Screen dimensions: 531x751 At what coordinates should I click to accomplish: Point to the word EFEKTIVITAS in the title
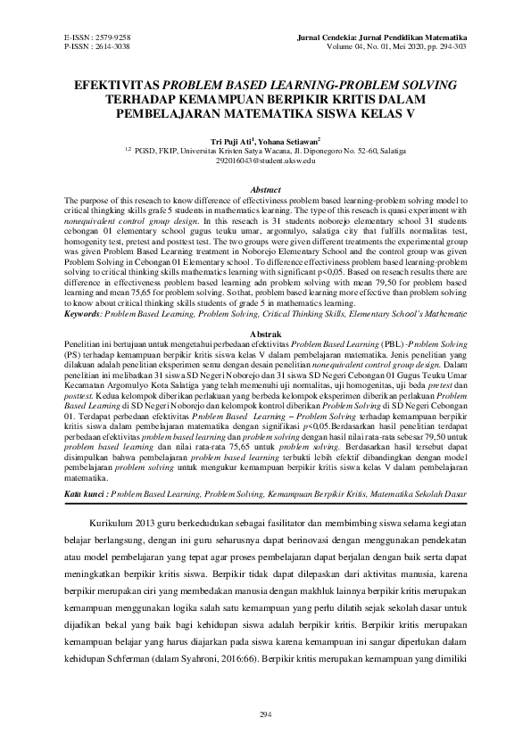coord(124,85)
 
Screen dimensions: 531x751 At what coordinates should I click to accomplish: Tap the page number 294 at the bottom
coord(265,714)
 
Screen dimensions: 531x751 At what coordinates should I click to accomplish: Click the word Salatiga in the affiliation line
coord(424,151)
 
